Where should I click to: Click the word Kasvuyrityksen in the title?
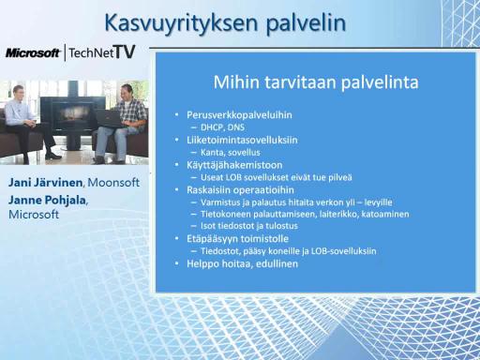[181, 23]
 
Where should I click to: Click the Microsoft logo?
[33, 52]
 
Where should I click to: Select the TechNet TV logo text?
[102, 52]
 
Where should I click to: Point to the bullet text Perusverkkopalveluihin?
[239, 114]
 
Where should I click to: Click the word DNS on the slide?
[236, 127]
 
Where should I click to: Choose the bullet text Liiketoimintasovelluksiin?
[242, 140]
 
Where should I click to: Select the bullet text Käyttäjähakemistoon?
[234, 165]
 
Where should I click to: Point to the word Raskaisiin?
[208, 190]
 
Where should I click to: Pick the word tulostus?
[281, 226]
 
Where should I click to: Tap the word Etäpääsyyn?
[212, 239]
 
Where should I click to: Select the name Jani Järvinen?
[46, 183]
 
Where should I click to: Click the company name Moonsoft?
[113, 183]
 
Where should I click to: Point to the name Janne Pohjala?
[47, 200]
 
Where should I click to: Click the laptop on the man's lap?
[109, 118]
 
